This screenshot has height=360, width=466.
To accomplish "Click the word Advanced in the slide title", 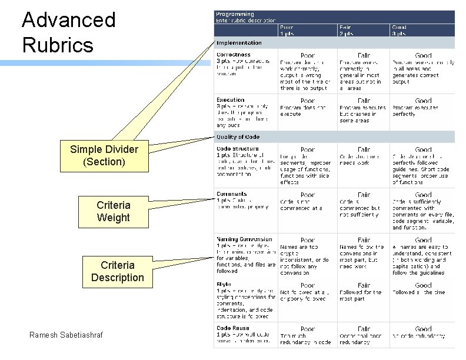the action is click(x=68, y=20).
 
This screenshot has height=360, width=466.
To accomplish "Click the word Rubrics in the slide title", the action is click(x=58, y=45).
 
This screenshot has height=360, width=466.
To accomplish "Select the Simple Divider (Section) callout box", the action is click(x=104, y=155).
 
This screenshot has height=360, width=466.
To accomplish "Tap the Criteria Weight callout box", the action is click(x=114, y=211).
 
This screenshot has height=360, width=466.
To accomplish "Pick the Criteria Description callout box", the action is click(x=117, y=271).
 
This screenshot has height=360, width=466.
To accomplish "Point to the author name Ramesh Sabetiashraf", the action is click(x=66, y=335).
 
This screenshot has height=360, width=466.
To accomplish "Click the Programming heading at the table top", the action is click(x=235, y=14).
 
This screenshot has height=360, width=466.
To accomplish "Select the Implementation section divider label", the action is click(x=239, y=43).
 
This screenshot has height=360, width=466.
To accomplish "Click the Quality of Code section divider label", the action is click(x=238, y=137).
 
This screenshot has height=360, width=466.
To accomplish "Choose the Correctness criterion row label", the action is click(x=234, y=55).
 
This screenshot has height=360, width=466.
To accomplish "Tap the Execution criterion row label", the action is click(x=231, y=100).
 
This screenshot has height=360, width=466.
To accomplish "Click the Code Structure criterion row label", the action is click(x=237, y=148).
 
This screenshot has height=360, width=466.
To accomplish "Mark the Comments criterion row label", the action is click(x=232, y=194).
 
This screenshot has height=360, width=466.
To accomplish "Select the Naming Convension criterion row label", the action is click(x=244, y=239).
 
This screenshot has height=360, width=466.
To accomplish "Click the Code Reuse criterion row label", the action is click(x=232, y=328).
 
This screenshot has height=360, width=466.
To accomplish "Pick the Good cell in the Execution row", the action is click(x=422, y=108).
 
